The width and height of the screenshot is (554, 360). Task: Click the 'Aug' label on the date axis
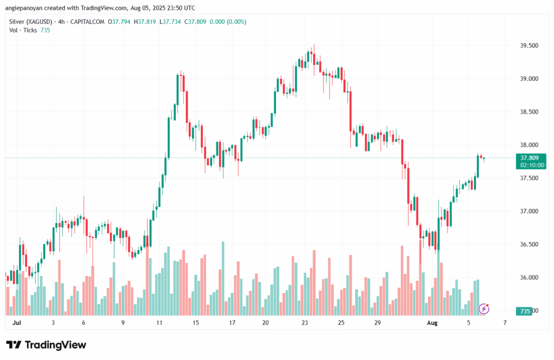[432, 323]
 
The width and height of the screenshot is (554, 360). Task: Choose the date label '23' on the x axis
[305, 323]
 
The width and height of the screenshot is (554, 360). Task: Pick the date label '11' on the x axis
[160, 323]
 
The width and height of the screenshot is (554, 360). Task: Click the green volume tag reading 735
[524, 311]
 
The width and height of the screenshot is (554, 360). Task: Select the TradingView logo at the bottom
[46, 345]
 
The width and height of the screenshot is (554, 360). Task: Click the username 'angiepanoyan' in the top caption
[24, 8]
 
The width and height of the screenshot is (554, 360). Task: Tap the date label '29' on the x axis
[378, 323]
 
